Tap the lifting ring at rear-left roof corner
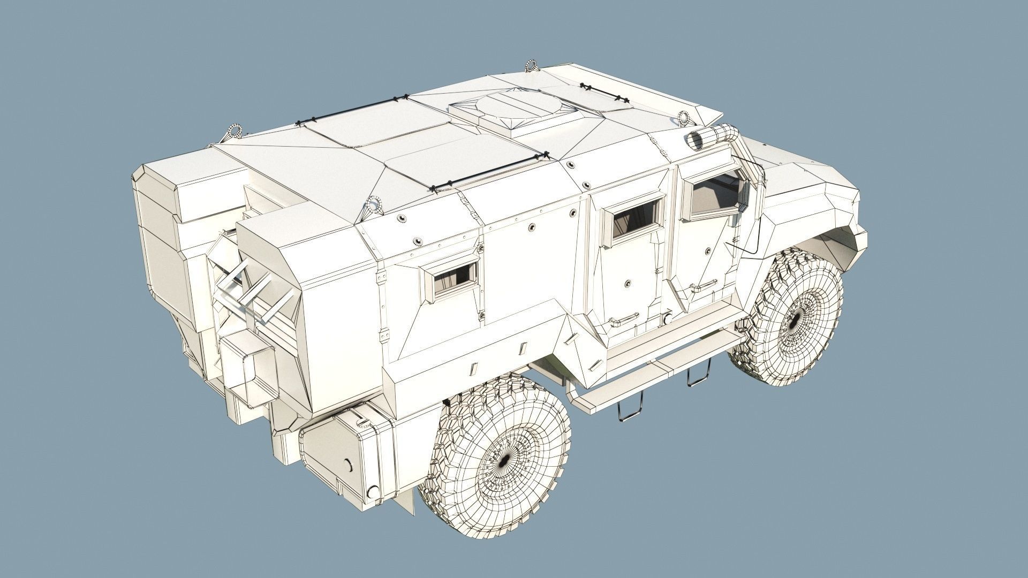coord(234,131)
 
